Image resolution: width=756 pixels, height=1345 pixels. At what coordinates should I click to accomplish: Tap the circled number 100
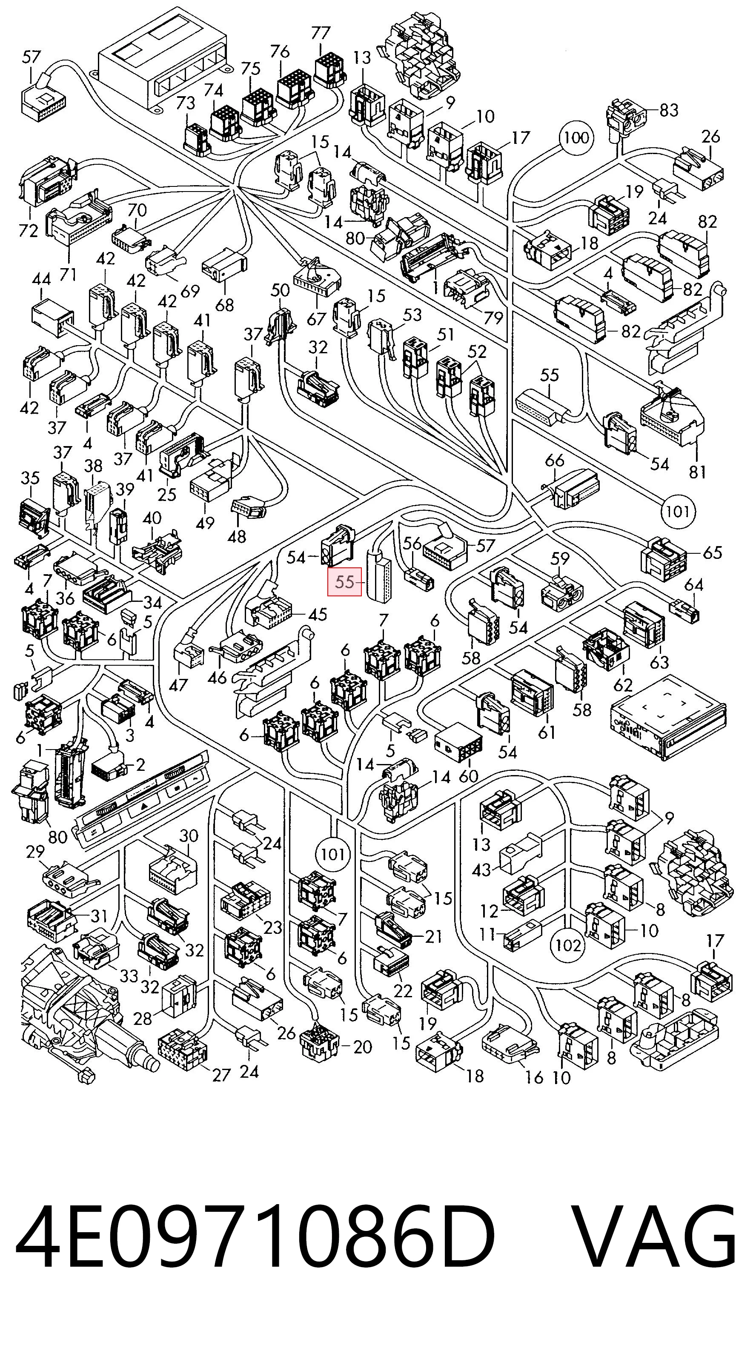[576, 138]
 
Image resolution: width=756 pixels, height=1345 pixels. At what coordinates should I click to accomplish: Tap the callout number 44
[41, 280]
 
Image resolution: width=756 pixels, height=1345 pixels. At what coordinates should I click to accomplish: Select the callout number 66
[555, 461]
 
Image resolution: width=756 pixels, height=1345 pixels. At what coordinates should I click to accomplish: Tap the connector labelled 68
[224, 264]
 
